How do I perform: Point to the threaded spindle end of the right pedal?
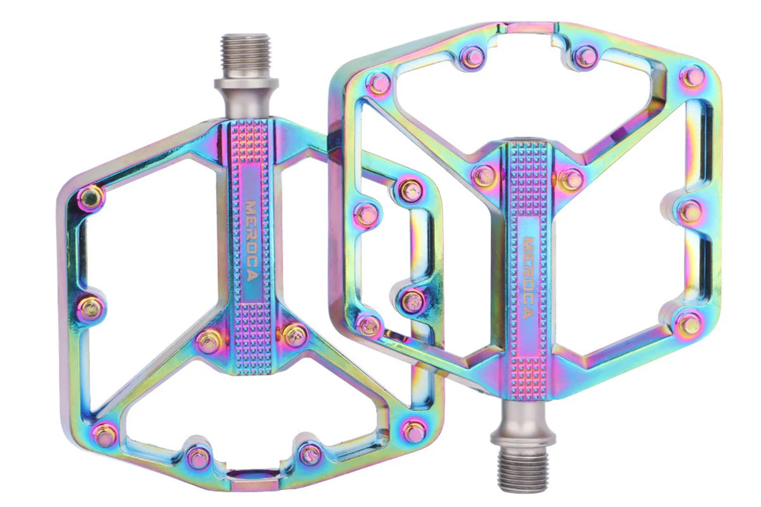[522, 469]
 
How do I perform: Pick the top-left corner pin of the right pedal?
[379, 83]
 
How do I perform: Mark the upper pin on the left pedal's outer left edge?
[91, 197]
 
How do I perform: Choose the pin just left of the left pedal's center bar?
[209, 342]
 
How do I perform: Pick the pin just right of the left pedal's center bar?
[294, 335]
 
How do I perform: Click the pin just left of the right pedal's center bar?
[485, 175]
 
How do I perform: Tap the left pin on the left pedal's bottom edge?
[198, 456]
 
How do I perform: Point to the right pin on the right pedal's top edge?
[585, 56]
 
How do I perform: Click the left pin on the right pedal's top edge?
[472, 58]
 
